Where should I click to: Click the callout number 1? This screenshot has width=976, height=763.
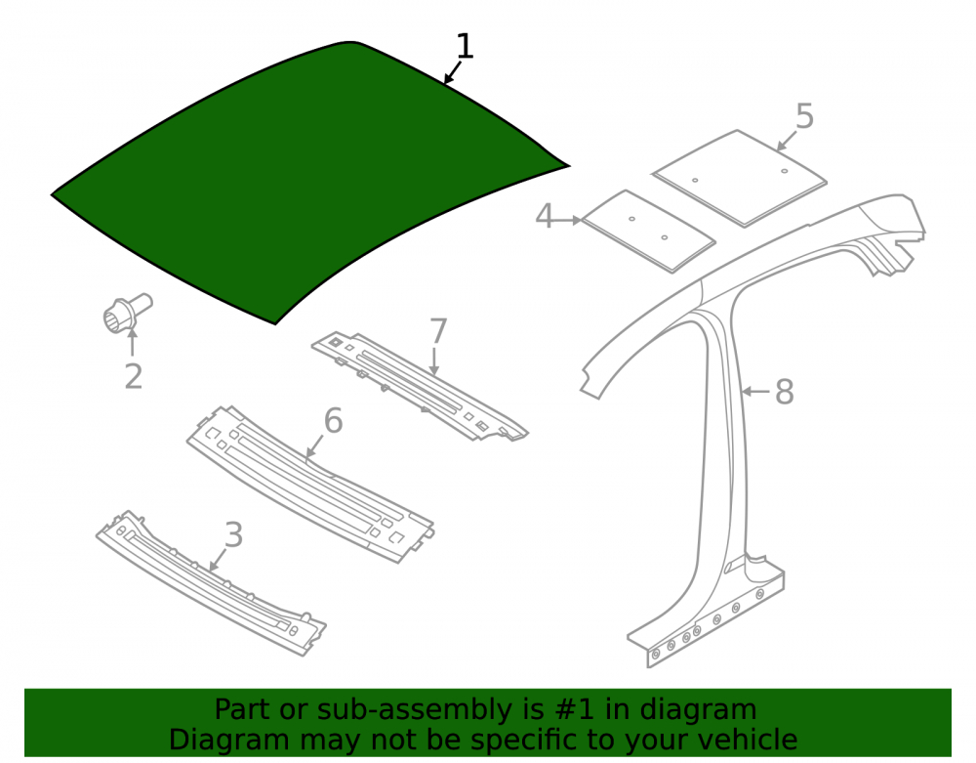point(465,47)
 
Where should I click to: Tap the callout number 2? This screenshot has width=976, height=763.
point(133,377)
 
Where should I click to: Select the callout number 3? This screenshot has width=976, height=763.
point(233,535)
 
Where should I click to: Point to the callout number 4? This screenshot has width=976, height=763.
point(544,216)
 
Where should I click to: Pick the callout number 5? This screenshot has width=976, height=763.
point(804,116)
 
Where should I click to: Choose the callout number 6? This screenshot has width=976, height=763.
point(333,420)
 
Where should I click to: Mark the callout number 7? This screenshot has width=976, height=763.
point(438,331)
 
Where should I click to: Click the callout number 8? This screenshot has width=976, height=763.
point(785,392)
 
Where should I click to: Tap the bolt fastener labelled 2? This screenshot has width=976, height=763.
point(126,313)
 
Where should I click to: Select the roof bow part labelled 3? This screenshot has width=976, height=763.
point(211,582)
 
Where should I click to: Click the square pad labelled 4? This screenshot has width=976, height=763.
point(648,231)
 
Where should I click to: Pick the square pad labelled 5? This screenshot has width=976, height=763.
point(740,178)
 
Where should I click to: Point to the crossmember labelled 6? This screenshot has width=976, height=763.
point(310,484)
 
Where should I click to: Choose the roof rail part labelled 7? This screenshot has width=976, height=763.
point(420,386)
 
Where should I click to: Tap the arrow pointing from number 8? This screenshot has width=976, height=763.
point(757,391)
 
